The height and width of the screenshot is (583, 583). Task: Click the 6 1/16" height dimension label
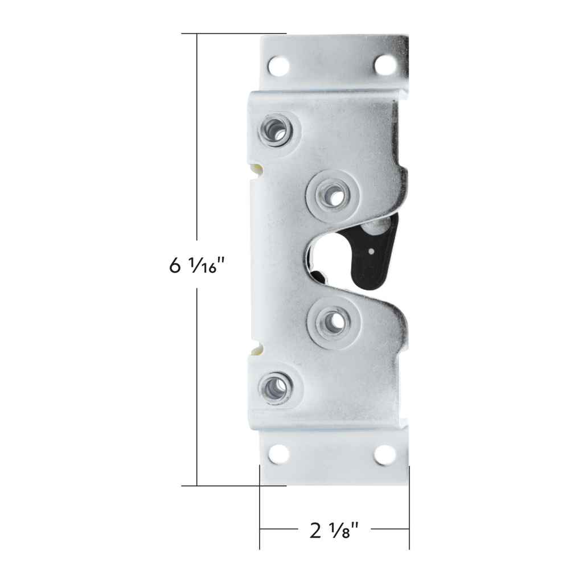pyautogui.click(x=197, y=266)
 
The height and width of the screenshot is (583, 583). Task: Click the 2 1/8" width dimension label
pyautogui.click(x=334, y=530)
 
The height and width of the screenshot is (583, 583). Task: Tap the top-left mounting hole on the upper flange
pyautogui.click(x=278, y=66)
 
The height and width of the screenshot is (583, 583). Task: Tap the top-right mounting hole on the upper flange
pyautogui.click(x=384, y=65)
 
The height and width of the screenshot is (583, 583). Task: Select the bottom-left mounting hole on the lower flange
pyautogui.click(x=278, y=454)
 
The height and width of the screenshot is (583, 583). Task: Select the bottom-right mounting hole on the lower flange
pyautogui.click(x=384, y=455)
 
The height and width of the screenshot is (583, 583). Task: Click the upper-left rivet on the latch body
pyautogui.click(x=276, y=130)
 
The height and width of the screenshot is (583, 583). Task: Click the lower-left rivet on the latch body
pyautogui.click(x=276, y=388)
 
